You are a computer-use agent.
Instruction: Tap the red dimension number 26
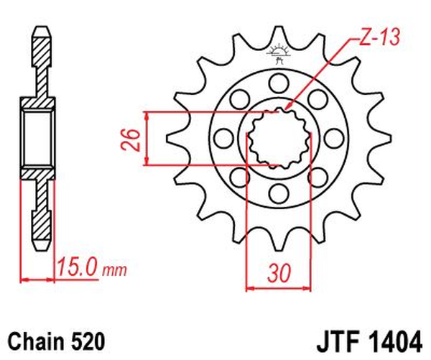(130, 138)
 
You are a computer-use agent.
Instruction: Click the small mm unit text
(114, 271)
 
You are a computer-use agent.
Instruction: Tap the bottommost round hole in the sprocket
(277, 192)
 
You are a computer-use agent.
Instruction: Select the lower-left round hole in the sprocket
(238, 176)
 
